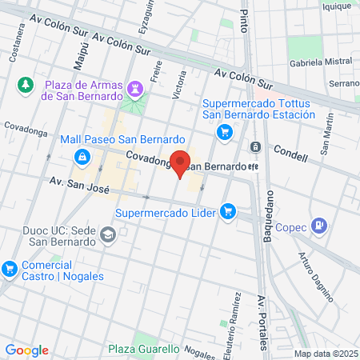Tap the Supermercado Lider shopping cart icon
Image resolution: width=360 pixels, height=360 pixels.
tap(229, 212)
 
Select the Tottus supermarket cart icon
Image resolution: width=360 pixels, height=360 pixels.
tap(226, 131)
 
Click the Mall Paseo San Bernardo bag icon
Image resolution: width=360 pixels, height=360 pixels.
tap(81, 156)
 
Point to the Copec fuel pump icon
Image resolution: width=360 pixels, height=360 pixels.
tap(320, 226)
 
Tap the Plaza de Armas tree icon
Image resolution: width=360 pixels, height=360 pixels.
tap(26, 84)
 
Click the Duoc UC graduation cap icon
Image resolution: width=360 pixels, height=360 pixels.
tap(108, 234)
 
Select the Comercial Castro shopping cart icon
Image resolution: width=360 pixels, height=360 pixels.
tap(9, 267)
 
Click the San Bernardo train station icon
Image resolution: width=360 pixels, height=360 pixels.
tap(255, 146)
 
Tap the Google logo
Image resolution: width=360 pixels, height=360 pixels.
tap(27, 350)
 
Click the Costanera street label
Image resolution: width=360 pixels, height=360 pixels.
tap(14, 50)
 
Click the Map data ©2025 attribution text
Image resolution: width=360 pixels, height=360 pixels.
tap(323, 354)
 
